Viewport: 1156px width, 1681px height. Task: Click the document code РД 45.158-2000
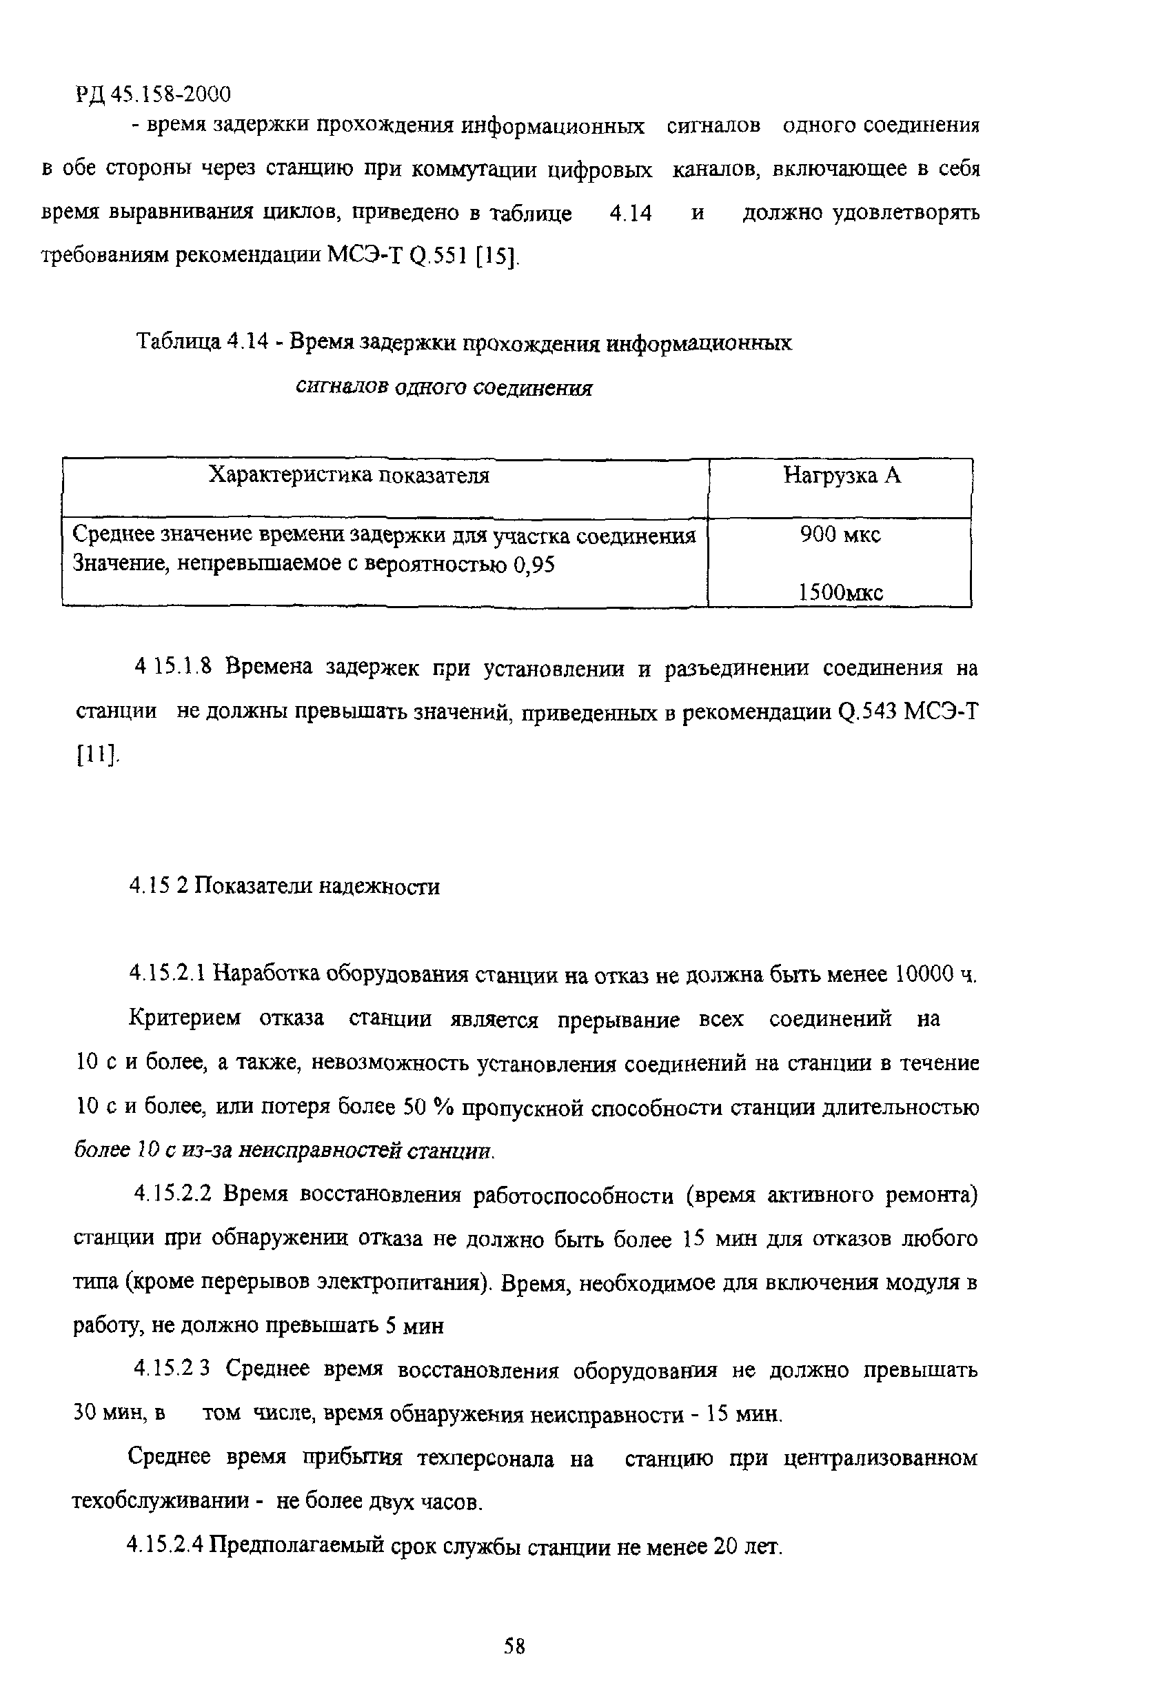(x=153, y=94)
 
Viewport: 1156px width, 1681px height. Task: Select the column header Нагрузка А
(x=842, y=476)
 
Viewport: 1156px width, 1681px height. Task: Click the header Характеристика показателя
(x=348, y=475)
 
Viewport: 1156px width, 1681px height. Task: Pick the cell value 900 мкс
(x=840, y=535)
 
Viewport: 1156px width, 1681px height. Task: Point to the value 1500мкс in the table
(x=840, y=593)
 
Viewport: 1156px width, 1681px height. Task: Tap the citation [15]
(x=498, y=255)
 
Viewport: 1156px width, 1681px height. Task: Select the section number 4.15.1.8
(x=172, y=667)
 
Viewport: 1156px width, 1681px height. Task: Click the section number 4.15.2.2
(x=172, y=1194)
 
